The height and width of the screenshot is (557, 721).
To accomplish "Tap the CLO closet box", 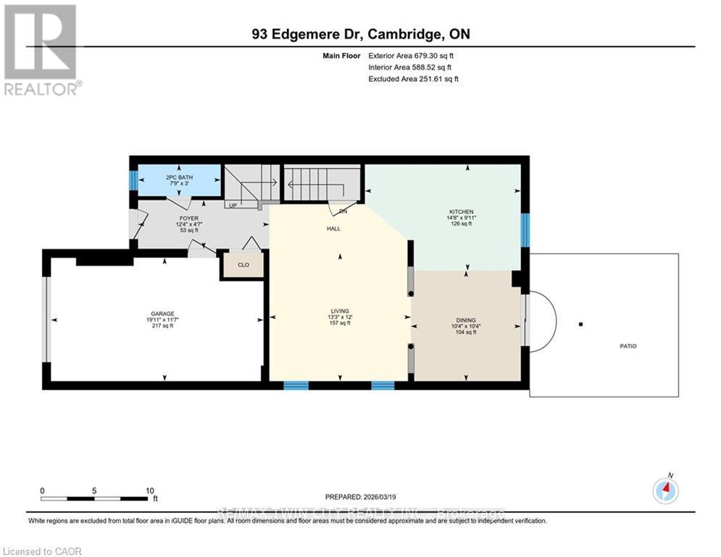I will (243, 265).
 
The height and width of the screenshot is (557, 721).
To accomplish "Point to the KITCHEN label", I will (460, 212).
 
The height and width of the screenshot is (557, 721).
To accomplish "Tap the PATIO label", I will (628, 347).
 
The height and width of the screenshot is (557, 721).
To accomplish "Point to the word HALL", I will (333, 228).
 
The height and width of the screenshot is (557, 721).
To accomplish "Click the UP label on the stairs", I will (233, 205).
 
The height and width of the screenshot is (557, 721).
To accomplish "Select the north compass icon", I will (665, 491).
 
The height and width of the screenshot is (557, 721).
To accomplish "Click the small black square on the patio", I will (580, 324).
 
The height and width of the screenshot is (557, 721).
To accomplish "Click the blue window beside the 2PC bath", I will (133, 178).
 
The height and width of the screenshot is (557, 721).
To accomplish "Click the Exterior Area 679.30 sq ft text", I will (412, 55).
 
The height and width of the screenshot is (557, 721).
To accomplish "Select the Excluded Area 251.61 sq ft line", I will (413, 78).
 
